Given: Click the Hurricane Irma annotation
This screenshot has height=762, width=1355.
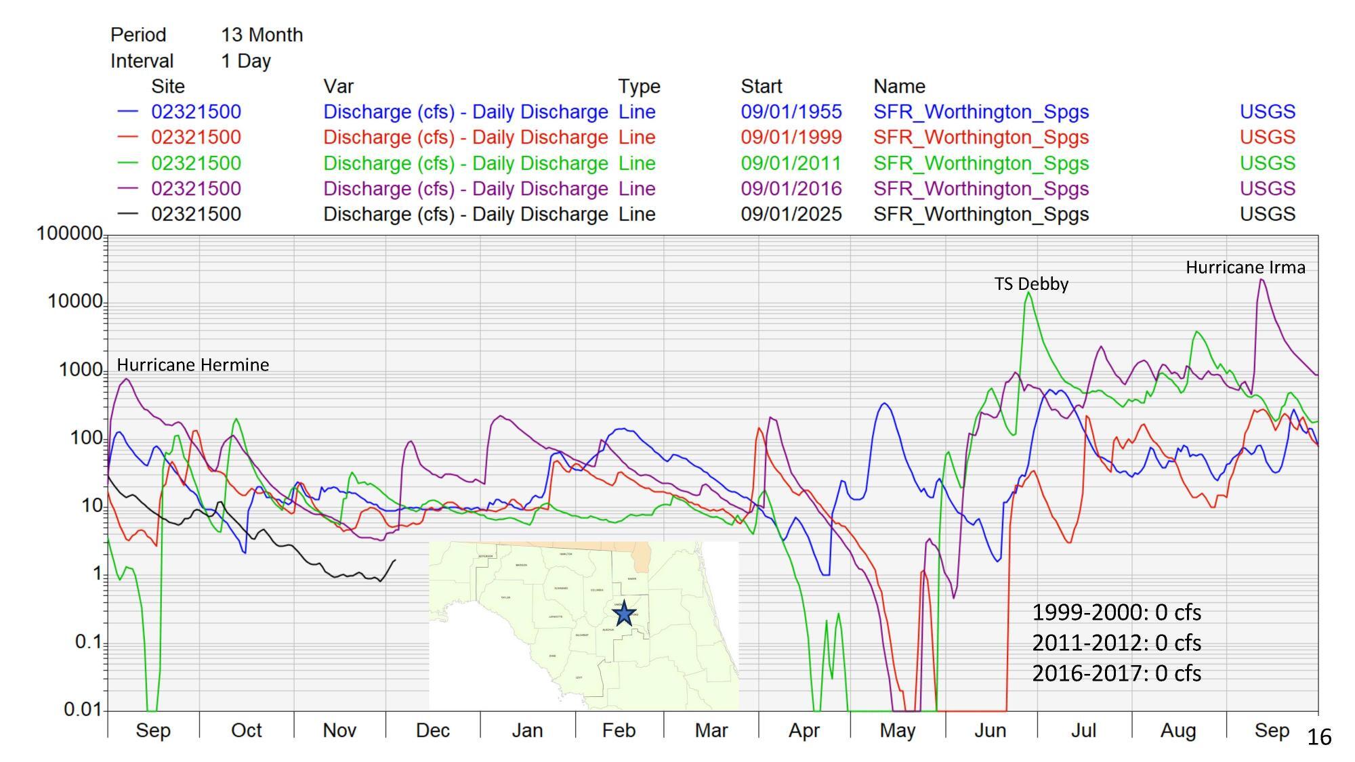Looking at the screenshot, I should [x=1245, y=268].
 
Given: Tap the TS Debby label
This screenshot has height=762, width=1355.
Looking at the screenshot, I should [x=1031, y=284].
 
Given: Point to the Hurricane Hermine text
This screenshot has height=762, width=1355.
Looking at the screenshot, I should [x=193, y=365].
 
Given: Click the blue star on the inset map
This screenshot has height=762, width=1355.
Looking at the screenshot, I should [x=624, y=614].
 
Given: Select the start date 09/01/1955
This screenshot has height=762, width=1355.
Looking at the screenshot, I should [x=791, y=112].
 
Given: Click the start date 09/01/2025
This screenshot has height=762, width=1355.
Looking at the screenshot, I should [x=791, y=214].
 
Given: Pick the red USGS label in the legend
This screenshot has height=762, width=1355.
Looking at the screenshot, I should [x=1267, y=137].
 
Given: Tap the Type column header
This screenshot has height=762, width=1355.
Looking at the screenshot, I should [x=638, y=87].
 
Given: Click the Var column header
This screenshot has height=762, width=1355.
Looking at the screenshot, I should [x=338, y=87].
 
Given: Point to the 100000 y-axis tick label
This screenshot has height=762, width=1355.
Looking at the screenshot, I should [x=68, y=234].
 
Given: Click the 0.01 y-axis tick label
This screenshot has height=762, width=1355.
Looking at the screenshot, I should [x=82, y=709].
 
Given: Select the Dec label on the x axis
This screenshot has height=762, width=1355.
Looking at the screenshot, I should [x=432, y=730].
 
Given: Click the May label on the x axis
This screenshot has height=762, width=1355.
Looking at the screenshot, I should [x=897, y=730].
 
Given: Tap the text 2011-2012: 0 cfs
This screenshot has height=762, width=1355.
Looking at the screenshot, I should [x=1116, y=642].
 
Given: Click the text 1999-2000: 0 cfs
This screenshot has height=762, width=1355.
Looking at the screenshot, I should [x=1116, y=612].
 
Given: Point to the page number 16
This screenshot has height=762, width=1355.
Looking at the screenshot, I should [x=1318, y=737].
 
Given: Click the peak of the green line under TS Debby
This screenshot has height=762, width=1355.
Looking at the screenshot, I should [x=1028, y=293].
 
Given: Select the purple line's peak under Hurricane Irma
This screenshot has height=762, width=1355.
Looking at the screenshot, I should [x=1262, y=280].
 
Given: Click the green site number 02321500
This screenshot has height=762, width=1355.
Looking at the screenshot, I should [x=196, y=163].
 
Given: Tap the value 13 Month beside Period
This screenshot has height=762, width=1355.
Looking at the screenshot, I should [x=262, y=35].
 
